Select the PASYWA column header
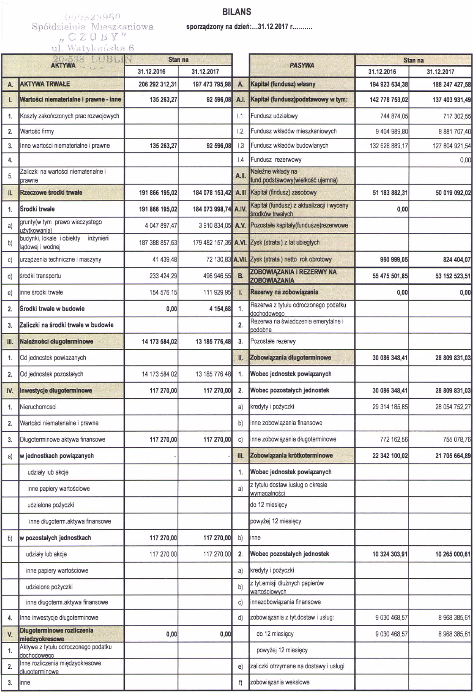(x=301, y=65)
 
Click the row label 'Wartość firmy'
(x=37, y=131)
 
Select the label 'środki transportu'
(x=40, y=276)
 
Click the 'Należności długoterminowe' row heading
(x=57, y=341)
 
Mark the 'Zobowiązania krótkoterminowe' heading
(x=291, y=456)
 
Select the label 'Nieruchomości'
(x=38, y=407)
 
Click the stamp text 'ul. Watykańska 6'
(x=92, y=48)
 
